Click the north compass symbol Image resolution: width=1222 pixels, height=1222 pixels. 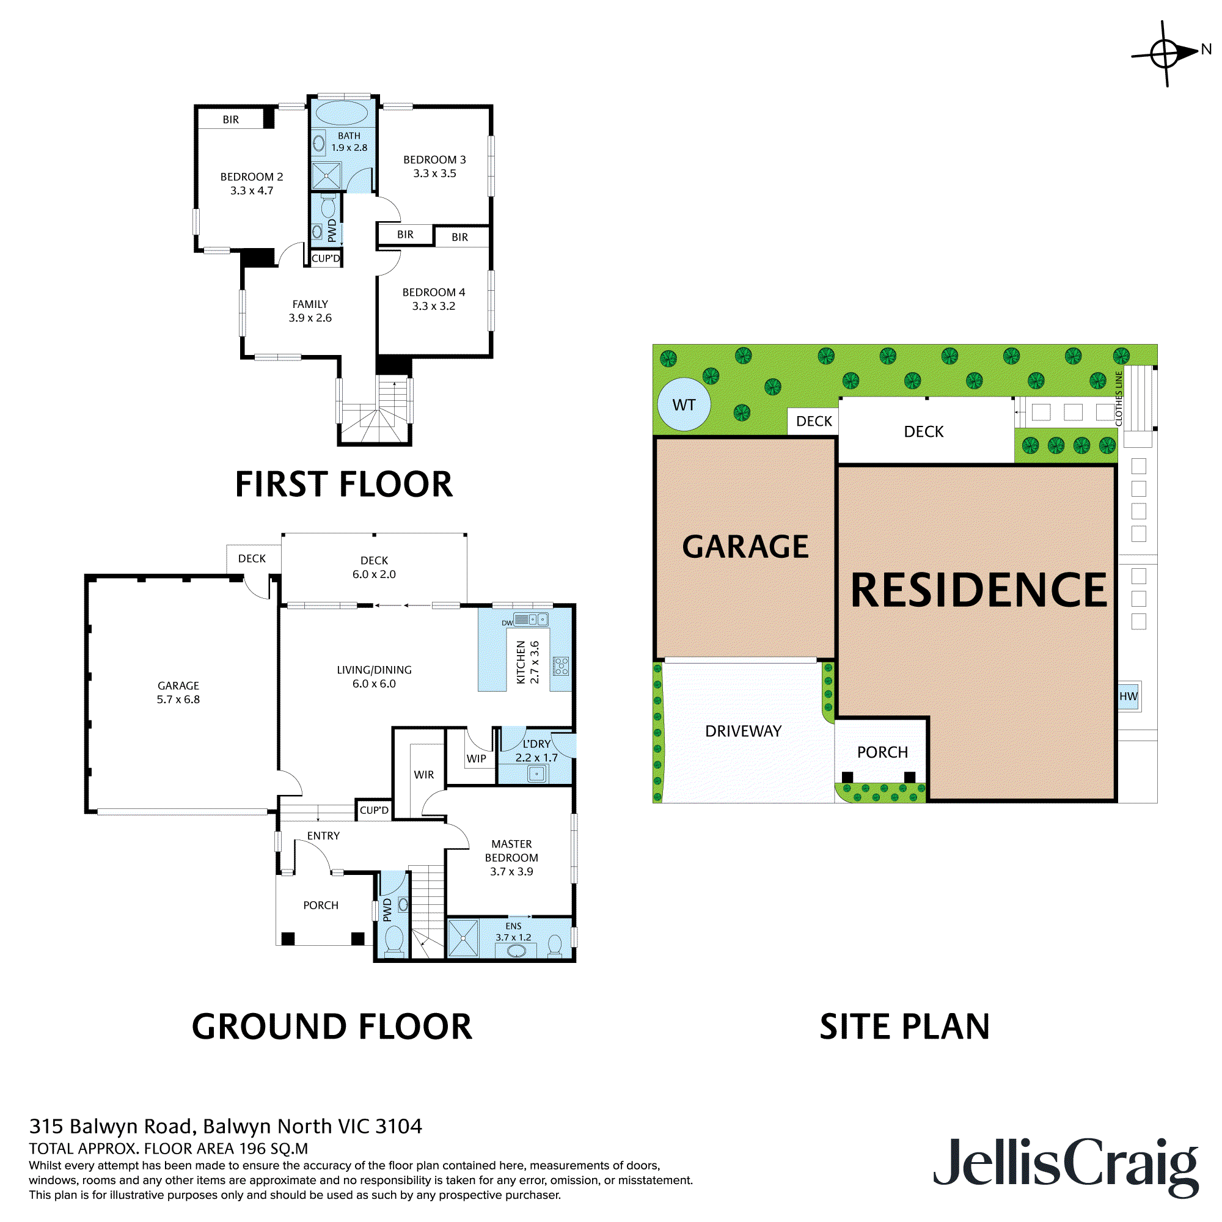1165,53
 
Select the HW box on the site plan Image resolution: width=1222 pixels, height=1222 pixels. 1129,697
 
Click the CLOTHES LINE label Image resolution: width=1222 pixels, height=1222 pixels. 1119,398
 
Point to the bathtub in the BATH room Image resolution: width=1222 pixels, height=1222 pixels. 341,114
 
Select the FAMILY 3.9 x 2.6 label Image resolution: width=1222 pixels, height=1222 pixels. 310,310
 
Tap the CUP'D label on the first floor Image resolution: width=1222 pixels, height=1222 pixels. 326,258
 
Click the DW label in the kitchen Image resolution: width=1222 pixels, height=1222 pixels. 507,623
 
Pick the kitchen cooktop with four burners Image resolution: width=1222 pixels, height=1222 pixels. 561,665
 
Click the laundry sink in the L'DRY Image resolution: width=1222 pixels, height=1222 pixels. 537,773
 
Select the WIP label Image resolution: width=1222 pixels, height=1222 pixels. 477,758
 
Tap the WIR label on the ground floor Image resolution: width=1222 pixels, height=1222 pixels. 424,775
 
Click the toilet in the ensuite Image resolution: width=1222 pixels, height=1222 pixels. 555,946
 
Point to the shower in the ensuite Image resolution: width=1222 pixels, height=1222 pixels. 463,938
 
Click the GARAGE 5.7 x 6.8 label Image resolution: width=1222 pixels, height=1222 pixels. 178,693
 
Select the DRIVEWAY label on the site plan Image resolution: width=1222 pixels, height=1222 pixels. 743,731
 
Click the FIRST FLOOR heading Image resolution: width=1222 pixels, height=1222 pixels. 343,485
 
